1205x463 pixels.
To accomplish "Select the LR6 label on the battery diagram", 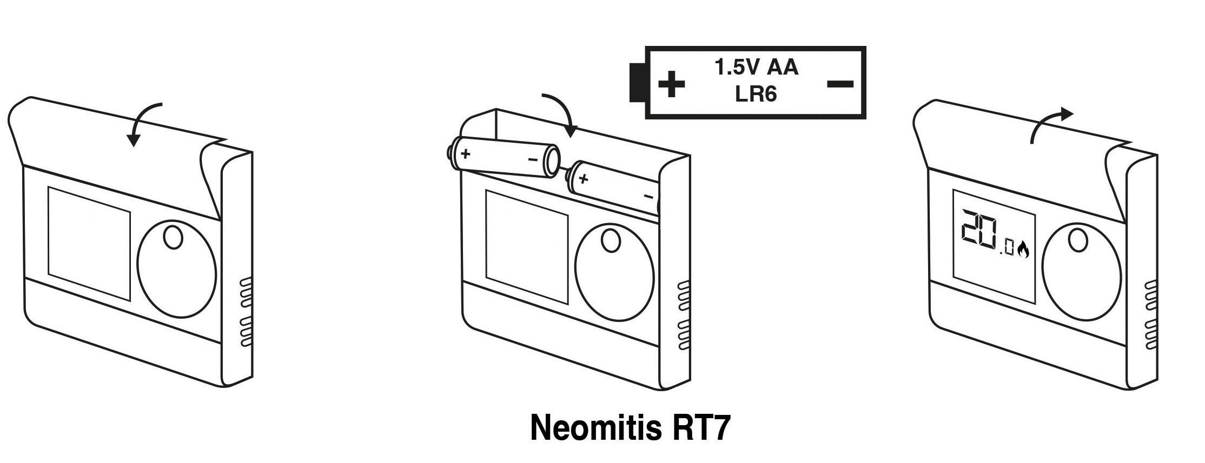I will click(756, 94).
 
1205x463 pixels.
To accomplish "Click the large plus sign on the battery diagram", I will click(671, 84).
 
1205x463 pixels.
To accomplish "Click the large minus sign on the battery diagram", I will click(840, 84).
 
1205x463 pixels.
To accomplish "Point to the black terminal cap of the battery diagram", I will click(637, 82).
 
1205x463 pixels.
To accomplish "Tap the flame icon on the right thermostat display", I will click(1023, 250).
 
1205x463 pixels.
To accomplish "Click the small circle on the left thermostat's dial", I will click(173, 238).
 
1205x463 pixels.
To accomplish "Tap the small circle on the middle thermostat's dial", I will click(611, 241).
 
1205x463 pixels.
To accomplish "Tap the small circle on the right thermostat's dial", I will click(1077, 240).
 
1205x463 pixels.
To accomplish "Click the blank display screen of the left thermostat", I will click(89, 243).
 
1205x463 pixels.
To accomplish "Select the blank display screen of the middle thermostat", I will click(527, 247).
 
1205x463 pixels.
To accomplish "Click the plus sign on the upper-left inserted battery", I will click(465, 154).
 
